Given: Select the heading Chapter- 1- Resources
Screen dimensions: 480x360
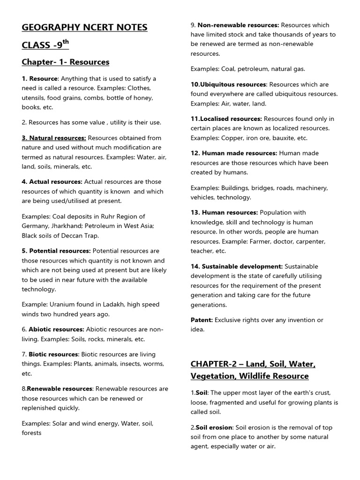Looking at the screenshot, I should click(x=66, y=62).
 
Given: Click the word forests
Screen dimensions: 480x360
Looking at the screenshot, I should click(x=31, y=433).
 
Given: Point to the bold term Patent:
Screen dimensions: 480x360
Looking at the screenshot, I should click(x=202, y=320).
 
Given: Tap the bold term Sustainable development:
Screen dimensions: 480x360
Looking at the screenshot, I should click(x=236, y=266).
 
